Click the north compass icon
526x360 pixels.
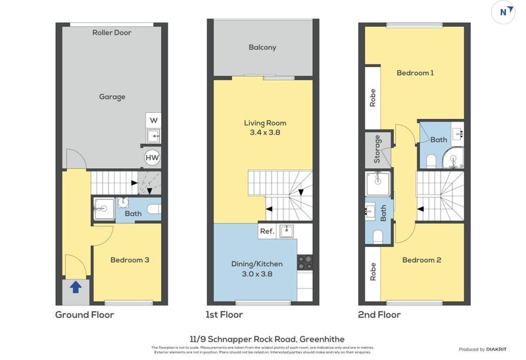pyautogui.click(x=503, y=12)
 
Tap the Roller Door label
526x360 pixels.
pyautogui.click(x=112, y=32)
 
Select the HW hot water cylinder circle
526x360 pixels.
pyautogui.click(x=153, y=158)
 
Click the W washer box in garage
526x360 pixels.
pyautogui.click(x=153, y=120)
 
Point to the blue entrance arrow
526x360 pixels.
pyautogui.click(x=76, y=286)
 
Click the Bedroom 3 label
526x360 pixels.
pyautogui.click(x=130, y=260)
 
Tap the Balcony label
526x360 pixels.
pyautogui.click(x=262, y=47)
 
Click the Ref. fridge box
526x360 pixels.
pyautogui.click(x=267, y=231)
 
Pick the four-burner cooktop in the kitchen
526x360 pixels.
pyautogui.click(x=304, y=262)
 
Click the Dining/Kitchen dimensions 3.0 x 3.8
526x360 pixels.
pyautogui.click(x=252, y=274)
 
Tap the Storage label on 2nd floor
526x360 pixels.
pyautogui.click(x=377, y=149)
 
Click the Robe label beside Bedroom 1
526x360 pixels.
pyautogui.click(x=373, y=98)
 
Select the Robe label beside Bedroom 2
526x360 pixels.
pyautogui.click(x=373, y=272)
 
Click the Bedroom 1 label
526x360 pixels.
pyautogui.click(x=415, y=73)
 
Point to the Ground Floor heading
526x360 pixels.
pyautogui.click(x=84, y=315)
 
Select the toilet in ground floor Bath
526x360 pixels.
pyautogui.click(x=153, y=209)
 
